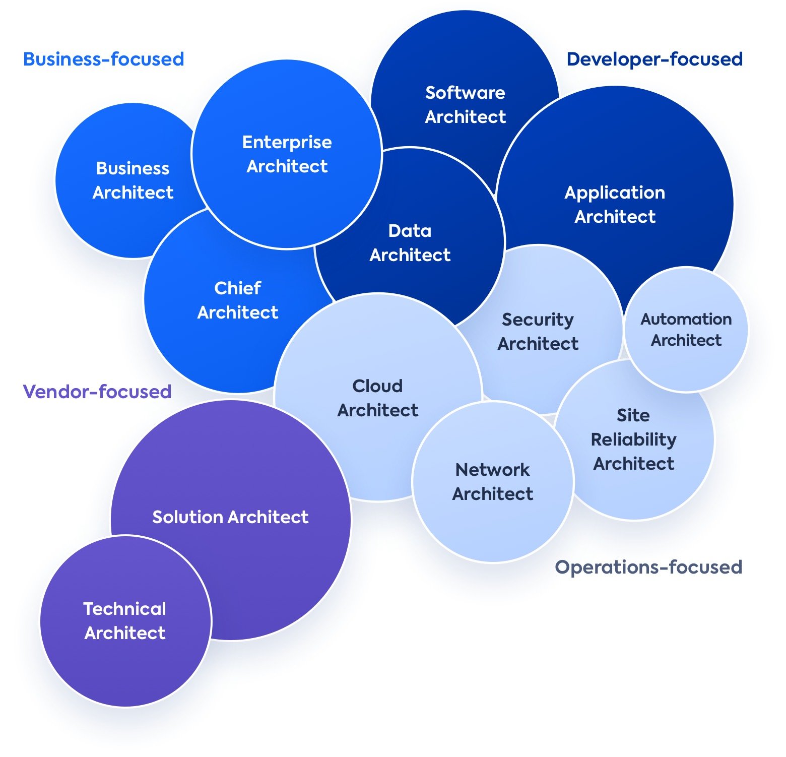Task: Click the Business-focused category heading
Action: (104, 59)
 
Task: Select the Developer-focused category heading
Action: (654, 59)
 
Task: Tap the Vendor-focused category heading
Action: (97, 392)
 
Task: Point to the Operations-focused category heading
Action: (648, 567)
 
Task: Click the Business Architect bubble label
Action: (133, 180)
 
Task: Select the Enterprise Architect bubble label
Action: (287, 154)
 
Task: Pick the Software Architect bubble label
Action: (465, 105)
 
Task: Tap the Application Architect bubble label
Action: (615, 205)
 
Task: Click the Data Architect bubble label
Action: (410, 243)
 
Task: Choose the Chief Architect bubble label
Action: (238, 300)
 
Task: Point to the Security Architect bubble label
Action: (538, 332)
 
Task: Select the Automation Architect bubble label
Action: (686, 330)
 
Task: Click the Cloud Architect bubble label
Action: (378, 398)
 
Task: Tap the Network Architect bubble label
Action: (493, 482)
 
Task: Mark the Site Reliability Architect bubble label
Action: (634, 439)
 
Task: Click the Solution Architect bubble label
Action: (230, 517)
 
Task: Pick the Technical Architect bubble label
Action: (125, 621)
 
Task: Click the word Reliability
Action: (634, 439)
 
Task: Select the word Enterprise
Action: (287, 142)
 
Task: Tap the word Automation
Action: (686, 319)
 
